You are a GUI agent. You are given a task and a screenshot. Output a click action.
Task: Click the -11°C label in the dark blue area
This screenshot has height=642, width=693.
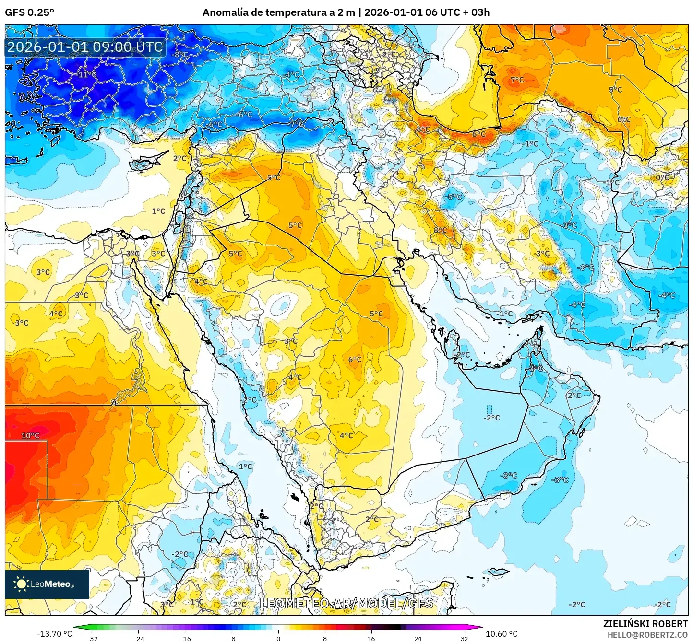[87, 75]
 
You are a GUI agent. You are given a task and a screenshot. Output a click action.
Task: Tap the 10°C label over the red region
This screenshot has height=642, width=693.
[30, 435]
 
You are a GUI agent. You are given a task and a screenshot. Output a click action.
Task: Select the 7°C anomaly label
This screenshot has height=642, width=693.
[517, 80]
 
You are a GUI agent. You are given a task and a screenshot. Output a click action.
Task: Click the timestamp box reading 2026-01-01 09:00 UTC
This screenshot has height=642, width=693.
[85, 47]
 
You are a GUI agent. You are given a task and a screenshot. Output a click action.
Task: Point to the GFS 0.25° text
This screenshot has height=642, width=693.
[29, 12]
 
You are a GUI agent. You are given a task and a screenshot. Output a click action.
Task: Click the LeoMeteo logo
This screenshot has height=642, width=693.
[47, 584]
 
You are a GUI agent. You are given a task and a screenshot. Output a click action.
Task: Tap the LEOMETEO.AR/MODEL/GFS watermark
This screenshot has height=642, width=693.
[346, 603]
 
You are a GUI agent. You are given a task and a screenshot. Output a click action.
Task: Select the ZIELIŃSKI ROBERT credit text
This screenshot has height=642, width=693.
[645, 624]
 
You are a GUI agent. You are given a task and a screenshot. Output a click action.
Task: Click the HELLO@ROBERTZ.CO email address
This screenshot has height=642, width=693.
[647, 635]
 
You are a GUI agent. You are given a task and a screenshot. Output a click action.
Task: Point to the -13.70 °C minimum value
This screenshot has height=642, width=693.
[54, 634]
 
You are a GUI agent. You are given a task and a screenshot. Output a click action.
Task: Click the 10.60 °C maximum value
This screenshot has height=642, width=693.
[502, 634]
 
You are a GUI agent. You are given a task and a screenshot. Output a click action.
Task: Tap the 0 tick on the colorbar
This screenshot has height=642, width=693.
[278, 638]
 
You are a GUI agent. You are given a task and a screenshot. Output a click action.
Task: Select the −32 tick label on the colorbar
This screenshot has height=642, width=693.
[92, 638]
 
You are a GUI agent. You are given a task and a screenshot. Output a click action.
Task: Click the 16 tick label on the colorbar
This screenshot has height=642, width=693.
[371, 638]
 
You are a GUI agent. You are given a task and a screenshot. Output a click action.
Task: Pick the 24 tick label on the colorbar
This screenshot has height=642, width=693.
[418, 638]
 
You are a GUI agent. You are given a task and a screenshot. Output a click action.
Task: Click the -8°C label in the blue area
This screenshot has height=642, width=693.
[180, 55]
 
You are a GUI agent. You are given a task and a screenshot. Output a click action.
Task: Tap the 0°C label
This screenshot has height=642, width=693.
[662, 177]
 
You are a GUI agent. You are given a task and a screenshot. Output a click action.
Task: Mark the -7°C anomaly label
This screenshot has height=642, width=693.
[296, 124]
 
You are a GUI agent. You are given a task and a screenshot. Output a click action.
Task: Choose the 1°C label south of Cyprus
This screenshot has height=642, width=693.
[158, 211]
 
